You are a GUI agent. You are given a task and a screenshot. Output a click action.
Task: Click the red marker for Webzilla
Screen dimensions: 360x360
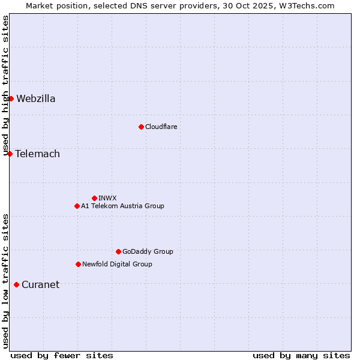click(11, 98)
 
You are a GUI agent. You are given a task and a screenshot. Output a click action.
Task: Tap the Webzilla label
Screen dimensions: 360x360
click(36, 99)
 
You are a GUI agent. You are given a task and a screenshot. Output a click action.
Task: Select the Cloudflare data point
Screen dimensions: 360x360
click(141, 127)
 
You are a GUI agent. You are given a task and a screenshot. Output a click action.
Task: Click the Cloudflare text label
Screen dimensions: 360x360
click(161, 127)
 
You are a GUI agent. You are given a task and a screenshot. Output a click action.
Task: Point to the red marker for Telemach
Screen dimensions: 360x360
click(10, 154)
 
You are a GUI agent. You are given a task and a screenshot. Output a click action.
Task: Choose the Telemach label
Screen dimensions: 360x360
click(38, 154)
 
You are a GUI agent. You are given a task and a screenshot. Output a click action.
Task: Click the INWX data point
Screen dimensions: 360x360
click(94, 198)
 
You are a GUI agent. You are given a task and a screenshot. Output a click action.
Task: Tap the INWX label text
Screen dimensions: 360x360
click(108, 198)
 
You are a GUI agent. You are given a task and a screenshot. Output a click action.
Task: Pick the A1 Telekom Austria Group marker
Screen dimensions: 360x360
click(77, 206)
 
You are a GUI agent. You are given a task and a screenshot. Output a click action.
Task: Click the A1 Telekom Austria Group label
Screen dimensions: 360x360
click(122, 206)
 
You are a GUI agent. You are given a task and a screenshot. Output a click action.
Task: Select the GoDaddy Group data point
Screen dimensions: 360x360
click(118, 251)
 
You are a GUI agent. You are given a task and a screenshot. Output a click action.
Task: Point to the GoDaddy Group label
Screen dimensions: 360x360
click(148, 252)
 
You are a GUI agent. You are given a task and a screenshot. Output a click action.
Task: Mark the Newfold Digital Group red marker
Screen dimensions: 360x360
click(78, 264)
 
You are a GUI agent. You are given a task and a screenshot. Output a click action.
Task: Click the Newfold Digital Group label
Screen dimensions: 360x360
click(117, 265)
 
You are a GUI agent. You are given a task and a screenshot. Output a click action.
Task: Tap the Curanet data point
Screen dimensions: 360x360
click(16, 284)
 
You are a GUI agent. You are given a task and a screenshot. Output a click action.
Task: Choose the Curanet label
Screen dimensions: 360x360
click(41, 285)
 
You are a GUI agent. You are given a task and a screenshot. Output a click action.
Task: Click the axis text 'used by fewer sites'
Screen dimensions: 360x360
click(62, 356)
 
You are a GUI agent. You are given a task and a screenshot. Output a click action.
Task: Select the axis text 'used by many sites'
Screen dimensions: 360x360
click(301, 356)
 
